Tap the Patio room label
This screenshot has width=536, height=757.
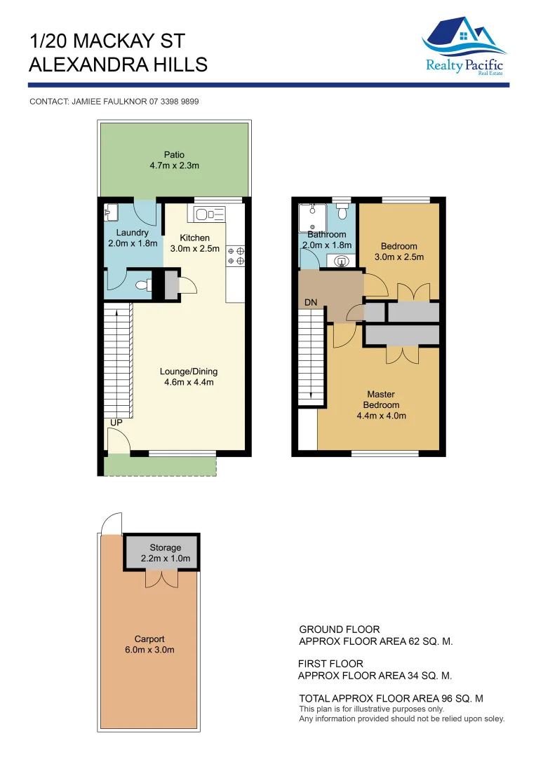[x=174, y=155]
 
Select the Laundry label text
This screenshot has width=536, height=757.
[x=132, y=233]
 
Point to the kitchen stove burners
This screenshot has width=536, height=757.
[x=236, y=256]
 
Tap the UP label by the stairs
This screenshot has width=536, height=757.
[x=116, y=423]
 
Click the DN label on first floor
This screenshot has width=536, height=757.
[x=311, y=303]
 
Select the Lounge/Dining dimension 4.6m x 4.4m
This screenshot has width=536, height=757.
[x=189, y=383]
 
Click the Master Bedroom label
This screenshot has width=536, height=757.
[x=381, y=400]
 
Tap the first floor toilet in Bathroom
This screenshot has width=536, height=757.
[x=342, y=210]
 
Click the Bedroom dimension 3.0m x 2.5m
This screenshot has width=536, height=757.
[x=398, y=257]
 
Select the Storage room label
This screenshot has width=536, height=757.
[x=165, y=547]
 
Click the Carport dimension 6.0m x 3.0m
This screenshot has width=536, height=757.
[x=149, y=650]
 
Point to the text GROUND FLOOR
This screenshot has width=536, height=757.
[x=339, y=629]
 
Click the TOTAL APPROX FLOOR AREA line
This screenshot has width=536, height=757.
[x=391, y=699]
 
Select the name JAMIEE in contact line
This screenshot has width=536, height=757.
[x=90, y=102]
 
